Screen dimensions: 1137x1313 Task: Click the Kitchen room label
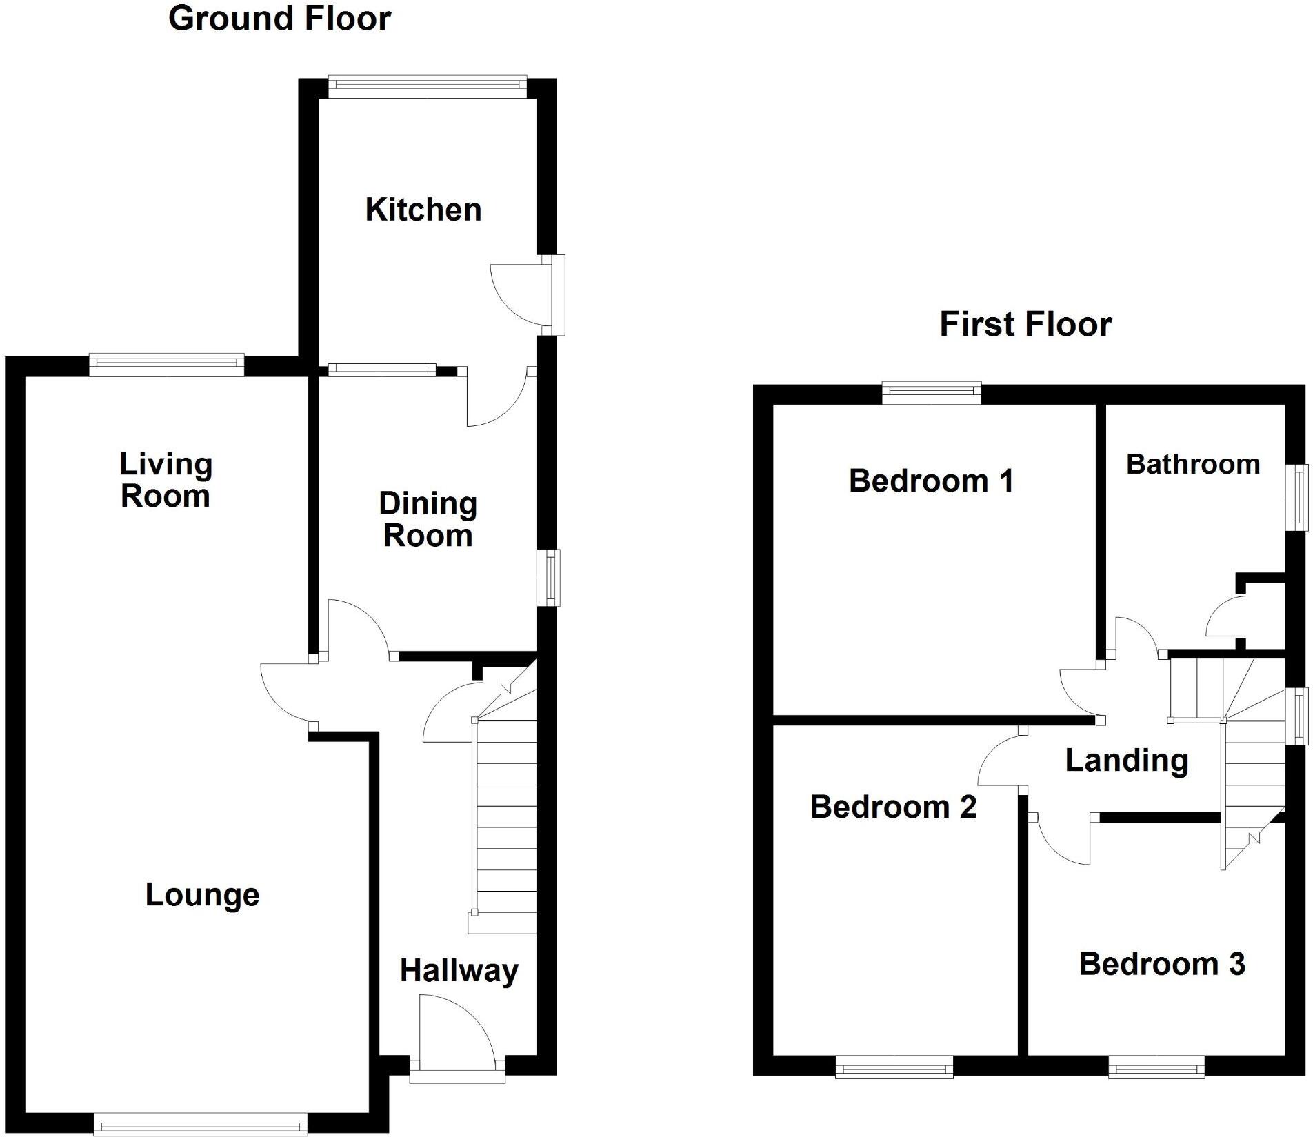(423, 210)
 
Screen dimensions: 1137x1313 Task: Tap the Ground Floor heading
(279, 19)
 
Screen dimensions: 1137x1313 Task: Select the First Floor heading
(1025, 324)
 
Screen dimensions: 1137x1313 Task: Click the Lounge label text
(202, 895)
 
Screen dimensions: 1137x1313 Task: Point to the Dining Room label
(428, 520)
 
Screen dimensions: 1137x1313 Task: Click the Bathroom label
(1192, 465)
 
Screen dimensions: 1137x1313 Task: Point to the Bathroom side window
(1299, 497)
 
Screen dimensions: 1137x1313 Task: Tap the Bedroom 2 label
(893, 807)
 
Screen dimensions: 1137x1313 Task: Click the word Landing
(1127, 761)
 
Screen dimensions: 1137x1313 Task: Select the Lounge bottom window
(201, 1126)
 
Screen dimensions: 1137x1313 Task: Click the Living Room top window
(166, 365)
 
